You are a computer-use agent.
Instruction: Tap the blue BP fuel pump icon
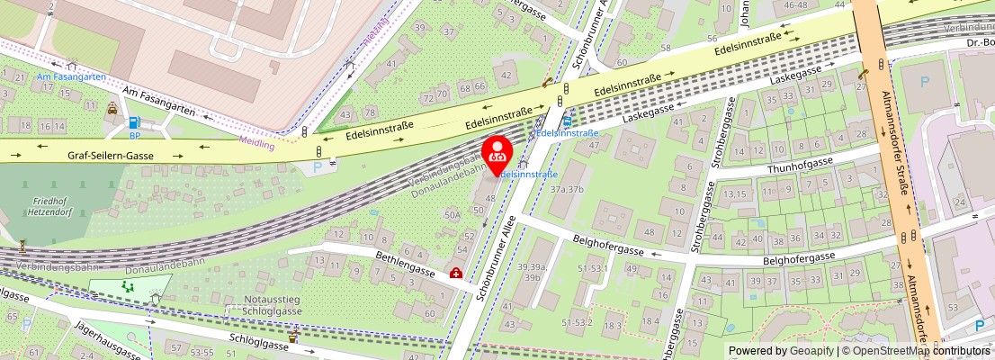pyautogui.click(x=135, y=123)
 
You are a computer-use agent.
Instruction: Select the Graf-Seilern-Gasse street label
pyautogui.click(x=111, y=156)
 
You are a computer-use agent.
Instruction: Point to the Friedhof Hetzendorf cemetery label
pyautogui.click(x=24, y=208)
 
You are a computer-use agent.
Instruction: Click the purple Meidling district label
pyautogui.click(x=257, y=141)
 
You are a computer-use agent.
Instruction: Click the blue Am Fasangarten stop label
pyautogui.click(x=71, y=77)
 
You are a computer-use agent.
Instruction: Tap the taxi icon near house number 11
pyautogui.click(x=112, y=109)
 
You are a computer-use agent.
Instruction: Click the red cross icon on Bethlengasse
pyautogui.click(x=456, y=273)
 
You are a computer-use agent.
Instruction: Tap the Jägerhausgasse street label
pyautogui.click(x=107, y=339)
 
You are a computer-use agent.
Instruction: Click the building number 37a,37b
pyautogui.click(x=567, y=189)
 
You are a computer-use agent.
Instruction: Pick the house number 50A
pyautogui.click(x=453, y=215)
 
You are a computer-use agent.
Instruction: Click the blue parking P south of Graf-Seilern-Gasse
pyautogui.click(x=317, y=166)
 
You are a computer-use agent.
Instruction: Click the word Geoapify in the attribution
pyautogui.click(x=810, y=351)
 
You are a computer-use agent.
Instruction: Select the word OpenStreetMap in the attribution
pyautogui.click(x=886, y=351)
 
